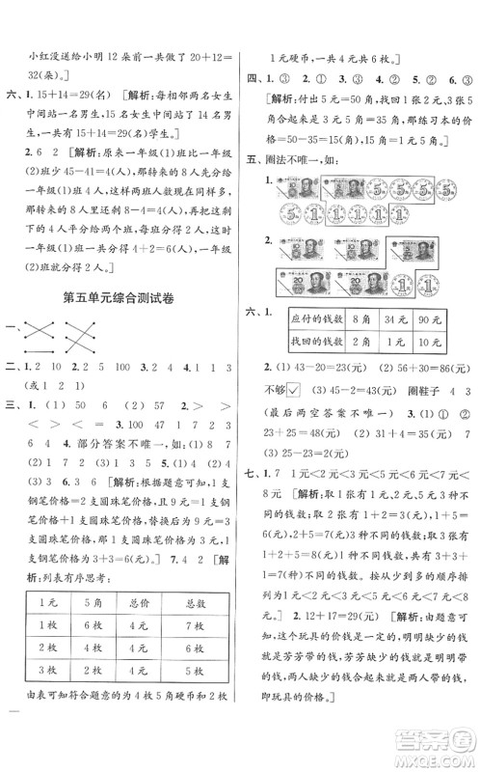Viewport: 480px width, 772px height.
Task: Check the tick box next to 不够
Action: [308, 391]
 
